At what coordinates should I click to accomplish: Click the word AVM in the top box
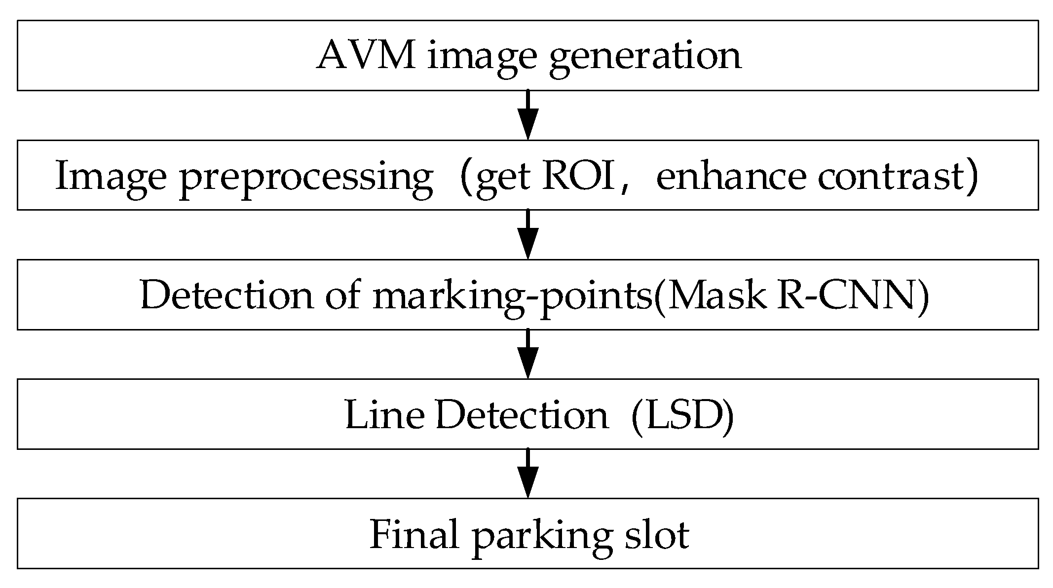point(366,55)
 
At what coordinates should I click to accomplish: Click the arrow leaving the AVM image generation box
point(527,115)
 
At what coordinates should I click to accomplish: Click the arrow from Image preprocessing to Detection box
point(527,234)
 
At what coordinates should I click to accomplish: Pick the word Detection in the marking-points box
point(226,295)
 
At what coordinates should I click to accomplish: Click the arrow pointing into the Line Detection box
point(527,354)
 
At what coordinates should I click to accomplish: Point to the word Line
point(384,415)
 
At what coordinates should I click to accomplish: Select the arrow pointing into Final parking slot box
point(527,473)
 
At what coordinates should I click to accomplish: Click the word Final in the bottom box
point(414,534)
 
